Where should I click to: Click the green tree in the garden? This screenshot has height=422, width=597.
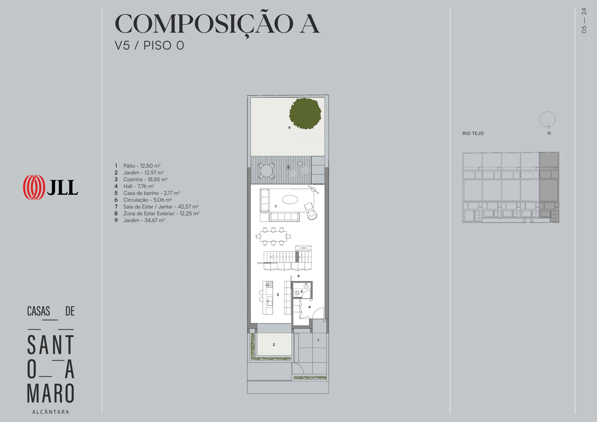(305, 114)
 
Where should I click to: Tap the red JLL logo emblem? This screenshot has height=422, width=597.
(34, 187)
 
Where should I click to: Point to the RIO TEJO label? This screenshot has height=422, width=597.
(473, 133)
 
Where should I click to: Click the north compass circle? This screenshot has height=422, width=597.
(548, 119)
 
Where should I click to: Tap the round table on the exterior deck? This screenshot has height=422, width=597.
(266, 171)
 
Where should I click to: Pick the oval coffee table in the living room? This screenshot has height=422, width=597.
(290, 199)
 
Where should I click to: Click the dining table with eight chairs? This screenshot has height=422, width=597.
(273, 236)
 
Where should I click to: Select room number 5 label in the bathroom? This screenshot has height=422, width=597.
(302, 291)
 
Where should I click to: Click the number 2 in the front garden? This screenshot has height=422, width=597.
(274, 345)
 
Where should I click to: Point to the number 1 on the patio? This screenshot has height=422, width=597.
(318, 340)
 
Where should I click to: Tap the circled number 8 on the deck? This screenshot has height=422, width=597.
(288, 167)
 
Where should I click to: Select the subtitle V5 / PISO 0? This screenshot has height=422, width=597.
(149, 45)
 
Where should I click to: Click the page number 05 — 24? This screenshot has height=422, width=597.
(584, 21)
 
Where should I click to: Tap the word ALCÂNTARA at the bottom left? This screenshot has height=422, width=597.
(51, 412)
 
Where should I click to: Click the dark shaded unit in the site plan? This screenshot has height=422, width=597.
(549, 187)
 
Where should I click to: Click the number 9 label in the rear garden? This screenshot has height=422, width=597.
(289, 128)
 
